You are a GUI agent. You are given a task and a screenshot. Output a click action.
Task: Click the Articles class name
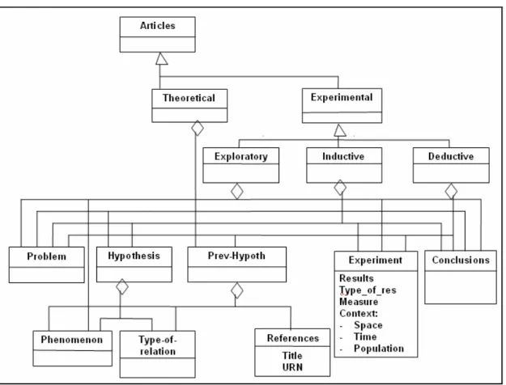tap(158, 26)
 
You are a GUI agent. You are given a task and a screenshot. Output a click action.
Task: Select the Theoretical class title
tap(189, 98)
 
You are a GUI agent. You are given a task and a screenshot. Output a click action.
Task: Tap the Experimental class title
tap(342, 97)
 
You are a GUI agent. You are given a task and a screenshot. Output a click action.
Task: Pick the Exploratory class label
tap(241, 157)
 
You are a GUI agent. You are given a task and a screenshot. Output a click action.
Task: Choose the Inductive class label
tap(343, 156)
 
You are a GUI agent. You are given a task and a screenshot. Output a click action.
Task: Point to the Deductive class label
tap(451, 156)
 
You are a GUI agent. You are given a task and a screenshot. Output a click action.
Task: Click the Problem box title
tap(46, 256)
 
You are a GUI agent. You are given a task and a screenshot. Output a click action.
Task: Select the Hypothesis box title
tap(134, 256)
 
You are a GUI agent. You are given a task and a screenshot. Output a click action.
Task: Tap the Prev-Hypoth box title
tap(236, 256)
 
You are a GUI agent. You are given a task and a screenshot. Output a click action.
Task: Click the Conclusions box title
tap(461, 260)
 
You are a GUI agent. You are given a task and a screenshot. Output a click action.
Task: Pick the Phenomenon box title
tap(71, 340)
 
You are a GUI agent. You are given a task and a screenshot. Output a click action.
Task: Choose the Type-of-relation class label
tap(158, 345)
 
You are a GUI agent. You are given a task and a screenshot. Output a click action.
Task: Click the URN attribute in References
tap(292, 367)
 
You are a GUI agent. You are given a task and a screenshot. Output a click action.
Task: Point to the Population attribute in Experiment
tap(379, 349)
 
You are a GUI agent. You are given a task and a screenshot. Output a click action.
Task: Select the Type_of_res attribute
tap(368, 290)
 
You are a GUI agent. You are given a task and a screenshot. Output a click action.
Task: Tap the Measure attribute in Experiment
tap(359, 302)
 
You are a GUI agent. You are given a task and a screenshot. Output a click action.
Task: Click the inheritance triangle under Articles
tap(161, 58)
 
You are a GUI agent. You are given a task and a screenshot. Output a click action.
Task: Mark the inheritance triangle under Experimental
tap(340, 130)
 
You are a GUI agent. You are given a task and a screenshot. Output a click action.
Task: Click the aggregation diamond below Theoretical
tap(198, 129)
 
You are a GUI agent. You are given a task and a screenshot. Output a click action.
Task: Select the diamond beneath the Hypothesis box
tap(122, 286)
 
